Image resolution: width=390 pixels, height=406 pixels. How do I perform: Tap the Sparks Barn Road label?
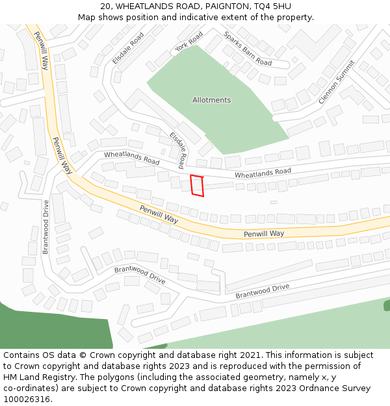point(247,49)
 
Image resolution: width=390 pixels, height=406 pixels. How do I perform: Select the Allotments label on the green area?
point(211,100)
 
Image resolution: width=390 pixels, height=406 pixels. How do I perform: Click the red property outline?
point(197,186)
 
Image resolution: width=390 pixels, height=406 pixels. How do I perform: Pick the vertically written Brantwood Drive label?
point(45,227)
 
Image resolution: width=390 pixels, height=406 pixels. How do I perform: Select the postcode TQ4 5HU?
point(274,6)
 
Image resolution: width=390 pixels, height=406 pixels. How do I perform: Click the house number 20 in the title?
point(106,6)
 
